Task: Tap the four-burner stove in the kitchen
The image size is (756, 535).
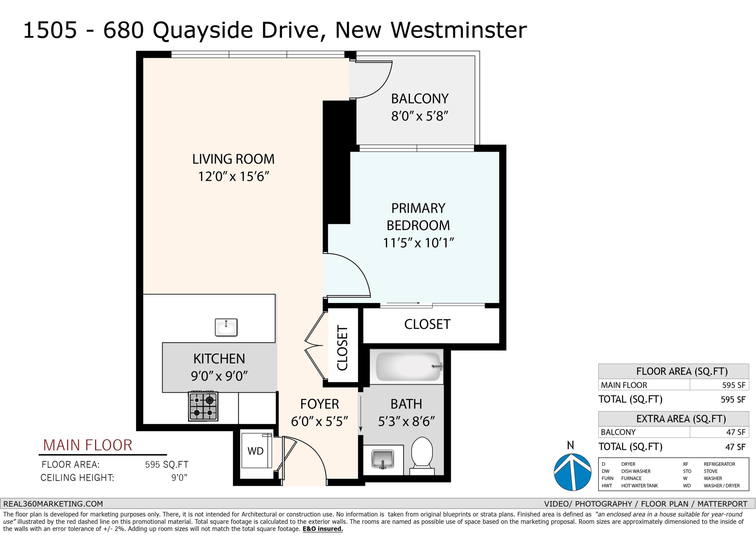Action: pyautogui.click(x=203, y=406)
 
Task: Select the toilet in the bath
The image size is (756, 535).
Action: pyautogui.click(x=422, y=456)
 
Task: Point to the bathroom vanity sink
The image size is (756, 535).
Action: pyautogui.click(x=383, y=459)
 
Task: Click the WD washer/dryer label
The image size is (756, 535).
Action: pyautogui.click(x=256, y=451)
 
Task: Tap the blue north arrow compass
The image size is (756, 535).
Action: pyautogui.click(x=573, y=472)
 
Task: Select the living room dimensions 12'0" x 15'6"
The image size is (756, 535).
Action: pyautogui.click(x=233, y=177)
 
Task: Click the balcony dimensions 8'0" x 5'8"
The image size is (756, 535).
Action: pyautogui.click(x=420, y=116)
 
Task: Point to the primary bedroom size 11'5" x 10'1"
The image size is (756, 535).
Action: pyautogui.click(x=418, y=243)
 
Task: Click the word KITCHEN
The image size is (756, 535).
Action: pyautogui.click(x=219, y=359)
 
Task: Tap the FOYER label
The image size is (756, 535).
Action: pyautogui.click(x=319, y=404)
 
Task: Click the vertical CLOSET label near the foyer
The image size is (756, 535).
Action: pyautogui.click(x=343, y=348)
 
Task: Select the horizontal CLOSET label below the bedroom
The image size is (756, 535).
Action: pyautogui.click(x=427, y=324)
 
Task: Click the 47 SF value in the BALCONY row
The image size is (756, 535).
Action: pyautogui.click(x=736, y=432)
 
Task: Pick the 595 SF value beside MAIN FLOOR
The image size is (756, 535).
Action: pyautogui.click(x=734, y=385)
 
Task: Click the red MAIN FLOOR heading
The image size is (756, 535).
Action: pyautogui.click(x=88, y=445)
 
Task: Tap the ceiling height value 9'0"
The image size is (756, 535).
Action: pyautogui.click(x=179, y=478)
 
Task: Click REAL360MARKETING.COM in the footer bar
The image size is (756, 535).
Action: pyautogui.click(x=53, y=504)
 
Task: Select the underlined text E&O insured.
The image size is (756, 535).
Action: pyautogui.click(x=323, y=529)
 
